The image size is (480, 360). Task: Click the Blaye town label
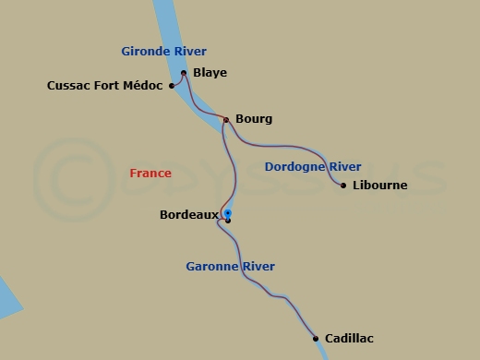tap(210, 73)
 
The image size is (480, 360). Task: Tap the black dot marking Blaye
tap(184, 73)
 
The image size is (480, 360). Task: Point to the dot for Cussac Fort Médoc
tap(172, 86)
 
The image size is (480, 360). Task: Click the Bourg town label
tap(254, 119)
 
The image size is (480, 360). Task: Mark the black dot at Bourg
tap(226, 119)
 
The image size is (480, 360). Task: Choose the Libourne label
tap(379, 186)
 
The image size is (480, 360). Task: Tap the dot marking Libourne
tap(343, 186)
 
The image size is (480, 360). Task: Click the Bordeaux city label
tap(188, 215)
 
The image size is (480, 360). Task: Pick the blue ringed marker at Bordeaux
tap(227, 213)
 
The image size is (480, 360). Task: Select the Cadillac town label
tap(349, 339)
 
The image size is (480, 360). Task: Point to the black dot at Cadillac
tap(316, 338)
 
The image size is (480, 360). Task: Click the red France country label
tap(150, 173)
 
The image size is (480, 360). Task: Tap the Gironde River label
tap(164, 52)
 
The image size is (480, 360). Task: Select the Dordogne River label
tap(312, 167)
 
